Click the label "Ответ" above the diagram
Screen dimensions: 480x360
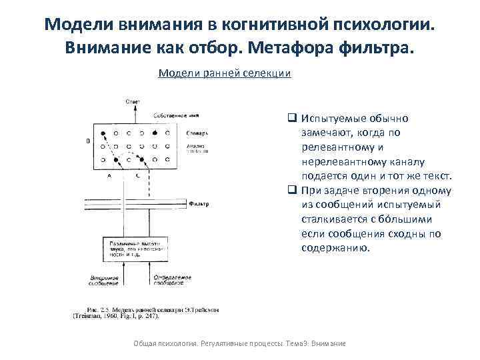coord(133,101)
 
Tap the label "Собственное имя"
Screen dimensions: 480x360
coord(174,115)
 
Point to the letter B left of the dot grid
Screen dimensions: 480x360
coord(89,141)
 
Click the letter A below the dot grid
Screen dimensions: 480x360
coord(109,175)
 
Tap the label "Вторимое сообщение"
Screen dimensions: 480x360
coord(103,279)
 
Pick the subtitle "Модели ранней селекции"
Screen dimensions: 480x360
coord(225,73)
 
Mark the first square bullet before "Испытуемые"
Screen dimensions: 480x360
coord(292,118)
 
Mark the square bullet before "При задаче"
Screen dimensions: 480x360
coord(292,190)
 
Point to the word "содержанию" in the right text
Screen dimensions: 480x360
coord(335,248)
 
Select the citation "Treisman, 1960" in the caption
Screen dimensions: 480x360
coord(97,316)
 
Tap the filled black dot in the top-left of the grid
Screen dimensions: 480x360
coord(103,133)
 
